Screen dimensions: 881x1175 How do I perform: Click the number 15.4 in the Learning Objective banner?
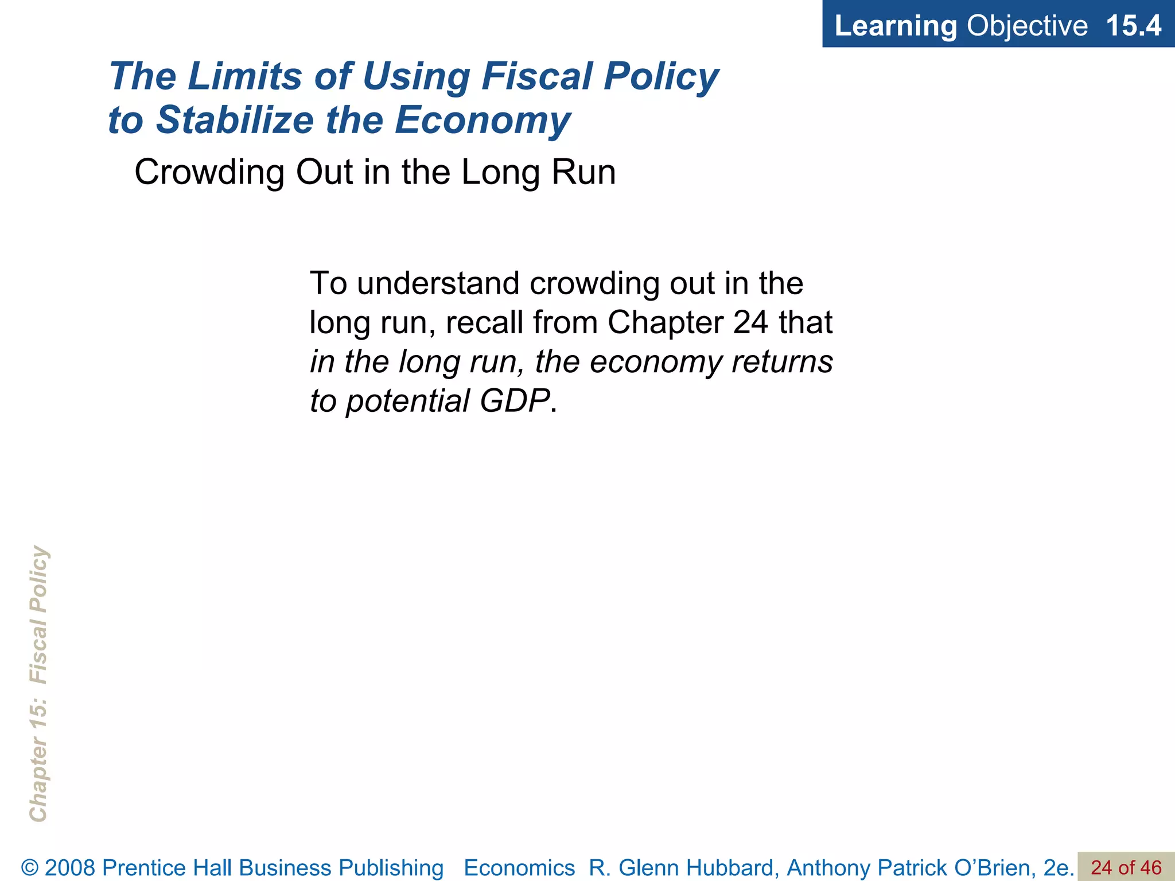point(1133,26)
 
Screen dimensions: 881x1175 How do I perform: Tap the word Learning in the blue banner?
point(896,26)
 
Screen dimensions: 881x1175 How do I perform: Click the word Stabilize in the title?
point(235,120)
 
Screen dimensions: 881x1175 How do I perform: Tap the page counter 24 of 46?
point(1126,867)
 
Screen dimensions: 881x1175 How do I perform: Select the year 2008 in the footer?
point(70,868)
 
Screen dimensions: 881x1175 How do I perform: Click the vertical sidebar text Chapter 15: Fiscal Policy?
point(38,683)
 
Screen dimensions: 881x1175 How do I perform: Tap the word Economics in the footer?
point(519,868)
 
